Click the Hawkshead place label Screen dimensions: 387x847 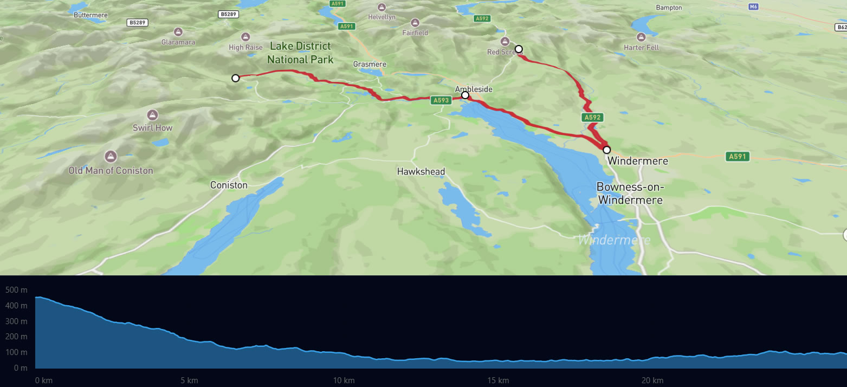pyautogui.click(x=421, y=172)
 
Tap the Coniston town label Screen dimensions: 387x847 pyautogui.click(x=229, y=185)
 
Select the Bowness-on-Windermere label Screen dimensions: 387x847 pyautogui.click(x=630, y=193)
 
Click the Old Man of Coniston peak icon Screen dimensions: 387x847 pyautogui.click(x=111, y=156)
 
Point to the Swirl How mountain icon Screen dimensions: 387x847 pyautogui.click(x=153, y=115)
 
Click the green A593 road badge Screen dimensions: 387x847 pyautogui.click(x=441, y=100)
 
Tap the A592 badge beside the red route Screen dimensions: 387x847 pyautogui.click(x=593, y=117)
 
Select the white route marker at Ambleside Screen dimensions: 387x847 pyautogui.click(x=465, y=95)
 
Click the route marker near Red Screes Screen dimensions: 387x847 pyautogui.click(x=519, y=49)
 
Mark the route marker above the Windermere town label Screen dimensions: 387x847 pyautogui.click(x=606, y=150)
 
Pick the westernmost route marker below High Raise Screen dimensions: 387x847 pyautogui.click(x=235, y=78)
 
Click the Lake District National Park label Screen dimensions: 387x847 pyautogui.click(x=300, y=53)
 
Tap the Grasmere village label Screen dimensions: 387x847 pyautogui.click(x=370, y=64)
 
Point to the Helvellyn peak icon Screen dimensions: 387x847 pyautogui.click(x=382, y=8)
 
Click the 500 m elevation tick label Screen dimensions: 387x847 pyautogui.click(x=16, y=290)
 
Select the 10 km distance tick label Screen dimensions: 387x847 pyautogui.click(x=344, y=380)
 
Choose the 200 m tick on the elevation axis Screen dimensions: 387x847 pyautogui.click(x=16, y=337)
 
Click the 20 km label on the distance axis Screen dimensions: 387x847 pyautogui.click(x=652, y=380)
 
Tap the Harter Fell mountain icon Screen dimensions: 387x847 pyautogui.click(x=641, y=37)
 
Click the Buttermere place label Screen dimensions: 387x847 pyautogui.click(x=90, y=15)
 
